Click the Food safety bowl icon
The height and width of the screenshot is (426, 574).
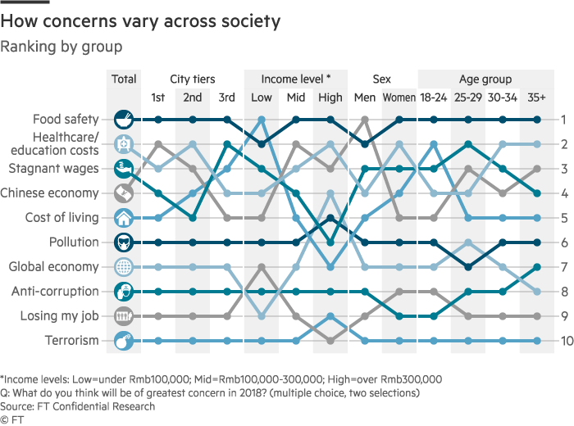(123, 120)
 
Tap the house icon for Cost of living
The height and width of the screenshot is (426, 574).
(123, 218)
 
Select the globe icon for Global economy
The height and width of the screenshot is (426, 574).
(123, 267)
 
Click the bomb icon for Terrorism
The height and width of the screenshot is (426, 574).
(123, 341)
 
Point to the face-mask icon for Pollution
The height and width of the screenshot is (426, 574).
(123, 242)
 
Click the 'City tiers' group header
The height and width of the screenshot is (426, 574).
(193, 79)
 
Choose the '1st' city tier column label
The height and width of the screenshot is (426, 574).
(158, 98)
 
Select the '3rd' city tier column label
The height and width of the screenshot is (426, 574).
(227, 98)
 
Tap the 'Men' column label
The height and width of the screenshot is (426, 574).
(364, 98)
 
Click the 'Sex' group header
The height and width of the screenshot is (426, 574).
(382, 79)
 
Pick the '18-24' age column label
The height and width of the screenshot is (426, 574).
(433, 98)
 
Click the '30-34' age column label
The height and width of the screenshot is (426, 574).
(502, 98)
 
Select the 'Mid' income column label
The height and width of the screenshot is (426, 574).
(295, 98)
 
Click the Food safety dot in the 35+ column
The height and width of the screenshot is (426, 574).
(536, 120)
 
